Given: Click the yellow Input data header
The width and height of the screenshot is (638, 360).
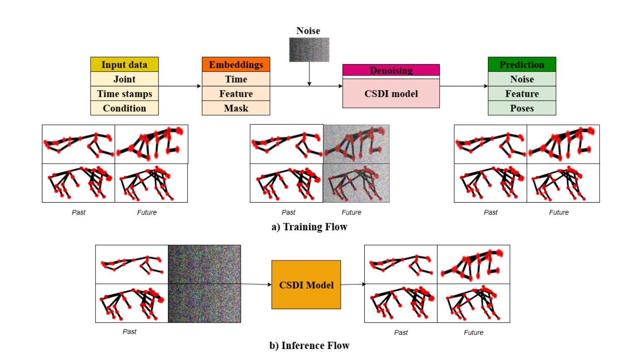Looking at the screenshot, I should [124, 65].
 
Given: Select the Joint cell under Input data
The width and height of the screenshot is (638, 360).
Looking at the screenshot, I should [124, 79].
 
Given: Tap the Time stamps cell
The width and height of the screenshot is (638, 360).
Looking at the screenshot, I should [124, 93].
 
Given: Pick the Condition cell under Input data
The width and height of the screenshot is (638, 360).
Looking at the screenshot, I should [124, 108].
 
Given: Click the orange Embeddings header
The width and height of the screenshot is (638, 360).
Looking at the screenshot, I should [236, 65].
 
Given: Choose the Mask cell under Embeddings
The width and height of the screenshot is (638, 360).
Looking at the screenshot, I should [236, 108].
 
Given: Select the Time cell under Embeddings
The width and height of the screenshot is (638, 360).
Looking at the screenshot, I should [236, 79].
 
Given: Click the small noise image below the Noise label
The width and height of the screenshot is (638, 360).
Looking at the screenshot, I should [309, 49].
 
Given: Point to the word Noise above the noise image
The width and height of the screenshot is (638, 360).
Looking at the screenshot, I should [308, 31].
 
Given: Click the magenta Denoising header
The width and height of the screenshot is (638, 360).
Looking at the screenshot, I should [391, 70].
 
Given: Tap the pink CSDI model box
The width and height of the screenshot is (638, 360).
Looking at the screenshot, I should [391, 93].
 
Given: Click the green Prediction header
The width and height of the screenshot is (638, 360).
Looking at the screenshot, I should [522, 65].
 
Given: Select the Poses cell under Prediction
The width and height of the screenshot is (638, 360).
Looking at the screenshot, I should [522, 108].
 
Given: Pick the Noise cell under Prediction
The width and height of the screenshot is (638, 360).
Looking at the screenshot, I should [522, 79].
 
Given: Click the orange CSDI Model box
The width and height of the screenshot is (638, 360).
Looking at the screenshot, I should [306, 285].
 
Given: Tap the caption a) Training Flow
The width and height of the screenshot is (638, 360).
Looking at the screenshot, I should [309, 227].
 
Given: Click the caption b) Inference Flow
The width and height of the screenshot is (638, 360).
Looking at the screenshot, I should [309, 346].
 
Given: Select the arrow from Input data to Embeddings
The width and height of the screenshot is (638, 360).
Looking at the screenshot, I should [180, 86].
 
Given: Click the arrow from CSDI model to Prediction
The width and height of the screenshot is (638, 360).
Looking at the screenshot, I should [464, 86].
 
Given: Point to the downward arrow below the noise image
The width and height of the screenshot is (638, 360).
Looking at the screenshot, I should [309, 74].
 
